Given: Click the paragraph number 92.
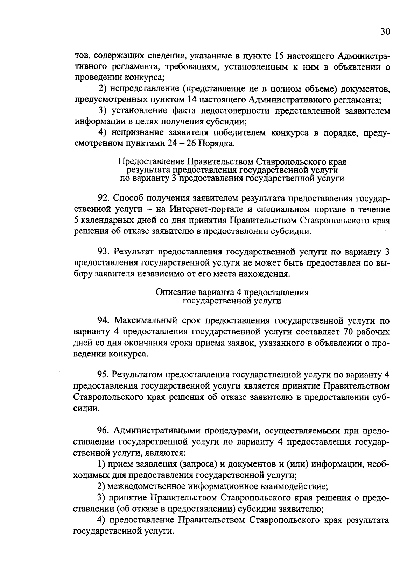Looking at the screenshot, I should [x=104, y=198].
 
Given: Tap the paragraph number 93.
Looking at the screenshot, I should [x=104, y=252].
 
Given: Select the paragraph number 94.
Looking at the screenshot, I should [x=104, y=320].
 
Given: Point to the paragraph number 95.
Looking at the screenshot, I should [x=104, y=375].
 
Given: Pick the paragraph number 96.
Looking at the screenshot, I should [x=104, y=430].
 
